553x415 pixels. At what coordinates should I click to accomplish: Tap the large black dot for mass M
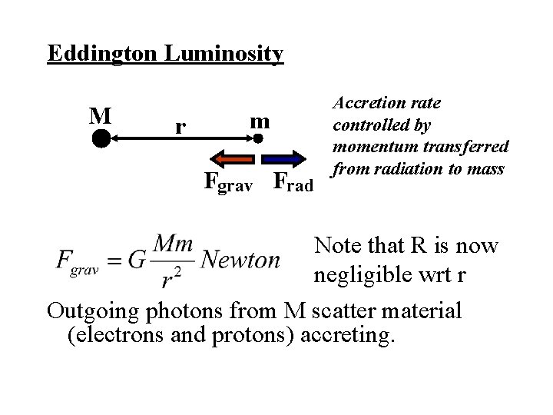[101, 139]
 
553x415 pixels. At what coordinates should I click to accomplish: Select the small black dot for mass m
[260, 138]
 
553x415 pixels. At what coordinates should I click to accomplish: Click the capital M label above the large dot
[99, 115]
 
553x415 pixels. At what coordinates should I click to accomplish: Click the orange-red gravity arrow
[234, 159]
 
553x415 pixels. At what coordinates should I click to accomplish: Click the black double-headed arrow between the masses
[180, 139]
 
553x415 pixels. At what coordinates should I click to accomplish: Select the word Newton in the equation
[240, 260]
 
